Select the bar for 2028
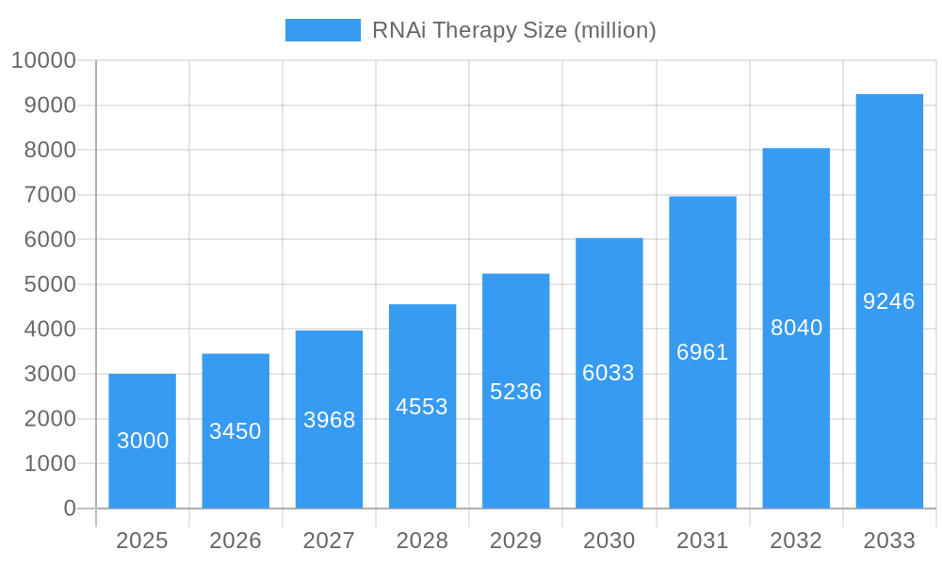[422, 406]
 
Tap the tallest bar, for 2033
[889, 301]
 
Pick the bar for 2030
[609, 373]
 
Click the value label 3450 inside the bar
[235, 431]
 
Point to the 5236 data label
[516, 392]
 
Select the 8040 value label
[796, 328]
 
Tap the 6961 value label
[703, 352]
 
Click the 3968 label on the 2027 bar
[329, 420]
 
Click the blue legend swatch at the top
[322, 30]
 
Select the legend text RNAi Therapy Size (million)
[513, 30]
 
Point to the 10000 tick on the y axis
[43, 61]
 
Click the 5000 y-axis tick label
[50, 284]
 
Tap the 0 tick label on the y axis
[70, 508]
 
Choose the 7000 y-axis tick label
[50, 195]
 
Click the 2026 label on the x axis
[235, 541]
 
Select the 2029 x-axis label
[516, 541]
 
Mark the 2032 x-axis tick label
[796, 541]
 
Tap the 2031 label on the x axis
[703, 541]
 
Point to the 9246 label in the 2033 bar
[889, 301]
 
